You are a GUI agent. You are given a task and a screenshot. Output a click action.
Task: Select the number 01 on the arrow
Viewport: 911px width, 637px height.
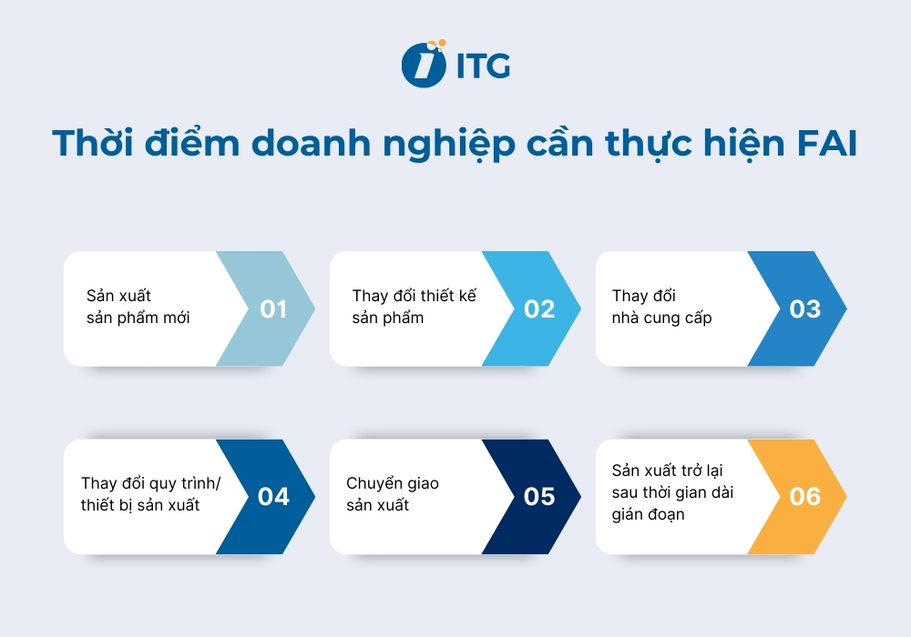click(x=272, y=309)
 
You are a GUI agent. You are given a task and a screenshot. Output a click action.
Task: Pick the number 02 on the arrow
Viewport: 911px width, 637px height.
click(x=538, y=309)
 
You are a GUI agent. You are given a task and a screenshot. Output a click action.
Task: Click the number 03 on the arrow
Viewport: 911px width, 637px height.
click(x=804, y=309)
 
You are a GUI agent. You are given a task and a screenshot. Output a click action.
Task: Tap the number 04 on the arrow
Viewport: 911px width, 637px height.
click(x=272, y=497)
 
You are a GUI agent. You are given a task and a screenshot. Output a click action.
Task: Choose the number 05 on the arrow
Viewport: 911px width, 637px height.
click(x=538, y=497)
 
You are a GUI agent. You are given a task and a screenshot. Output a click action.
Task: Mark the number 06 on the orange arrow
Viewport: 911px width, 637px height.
click(x=804, y=497)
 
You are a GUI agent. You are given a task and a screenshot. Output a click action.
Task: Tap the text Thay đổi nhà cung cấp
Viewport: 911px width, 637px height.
click(x=662, y=308)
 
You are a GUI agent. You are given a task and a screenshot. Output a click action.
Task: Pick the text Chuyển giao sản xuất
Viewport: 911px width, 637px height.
click(x=393, y=494)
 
